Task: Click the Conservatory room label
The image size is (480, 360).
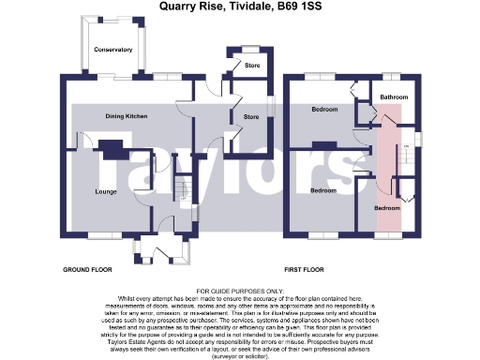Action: tap(112, 50)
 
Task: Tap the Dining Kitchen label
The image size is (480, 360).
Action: tap(125, 115)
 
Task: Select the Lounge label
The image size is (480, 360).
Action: tap(105, 191)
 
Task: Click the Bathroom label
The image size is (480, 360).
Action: tap(394, 96)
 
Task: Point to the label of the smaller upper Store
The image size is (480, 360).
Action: tap(251, 66)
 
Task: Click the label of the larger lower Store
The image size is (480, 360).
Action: tap(251, 116)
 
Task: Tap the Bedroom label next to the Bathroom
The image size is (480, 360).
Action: tap(324, 110)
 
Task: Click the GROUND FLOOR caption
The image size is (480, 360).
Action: tap(87, 269)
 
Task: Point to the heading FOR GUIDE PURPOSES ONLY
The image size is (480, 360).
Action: tap(240, 292)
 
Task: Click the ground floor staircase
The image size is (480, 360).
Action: tap(185, 191)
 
